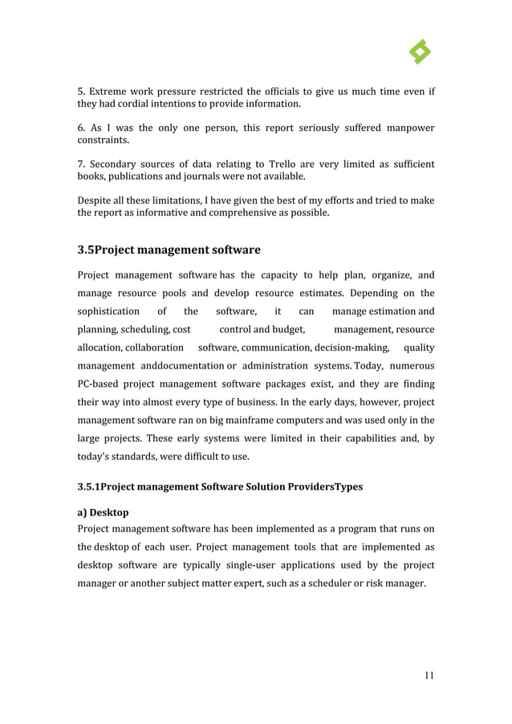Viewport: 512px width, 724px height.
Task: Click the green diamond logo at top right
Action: pyautogui.click(x=420, y=52)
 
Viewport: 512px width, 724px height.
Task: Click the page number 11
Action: pyautogui.click(x=429, y=675)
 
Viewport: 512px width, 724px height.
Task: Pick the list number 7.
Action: pyautogui.click(x=80, y=165)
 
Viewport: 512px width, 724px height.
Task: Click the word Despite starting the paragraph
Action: pyautogui.click(x=95, y=201)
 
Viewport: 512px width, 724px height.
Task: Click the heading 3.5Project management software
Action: pyautogui.click(x=169, y=250)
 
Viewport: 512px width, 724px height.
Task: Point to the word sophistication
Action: pyautogui.click(x=108, y=311)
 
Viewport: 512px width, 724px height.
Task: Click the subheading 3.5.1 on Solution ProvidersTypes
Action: pyautogui.click(x=220, y=487)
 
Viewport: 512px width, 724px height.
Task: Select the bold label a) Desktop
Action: pyautogui.click(x=103, y=511)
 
